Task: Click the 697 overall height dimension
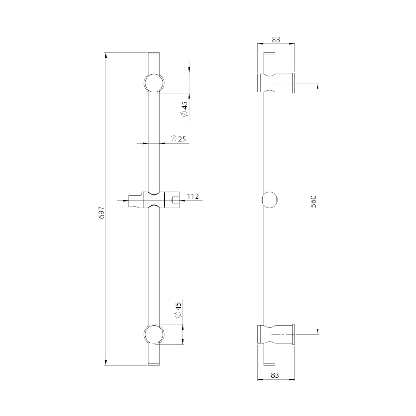click(102, 213)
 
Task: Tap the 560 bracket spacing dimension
click(313, 202)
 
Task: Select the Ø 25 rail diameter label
click(178, 139)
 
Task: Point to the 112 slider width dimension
click(193, 196)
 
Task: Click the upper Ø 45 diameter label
click(184, 109)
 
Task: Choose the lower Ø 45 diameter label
click(178, 310)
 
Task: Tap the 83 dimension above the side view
click(276, 40)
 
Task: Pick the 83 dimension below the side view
click(275, 375)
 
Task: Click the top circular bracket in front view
click(154, 83)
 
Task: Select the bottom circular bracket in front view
click(154, 335)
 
